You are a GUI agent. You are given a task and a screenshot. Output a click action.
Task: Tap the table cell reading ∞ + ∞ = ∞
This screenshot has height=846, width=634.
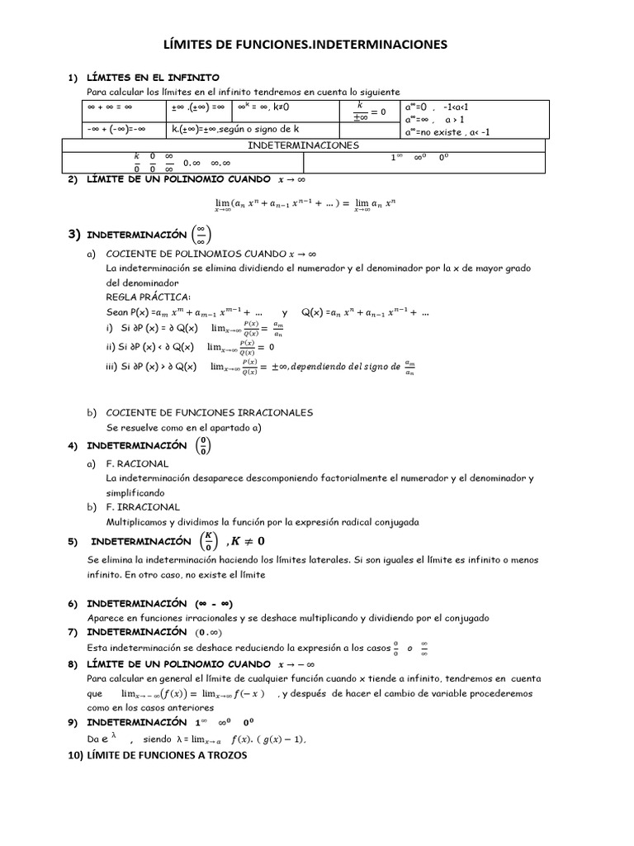[x=110, y=107]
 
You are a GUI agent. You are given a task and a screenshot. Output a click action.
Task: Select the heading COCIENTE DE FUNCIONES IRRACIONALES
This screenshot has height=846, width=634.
[x=210, y=411]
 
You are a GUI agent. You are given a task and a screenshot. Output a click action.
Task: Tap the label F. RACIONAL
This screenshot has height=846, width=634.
[x=137, y=464]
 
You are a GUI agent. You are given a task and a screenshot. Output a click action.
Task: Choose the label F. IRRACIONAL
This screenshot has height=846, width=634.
[x=143, y=506]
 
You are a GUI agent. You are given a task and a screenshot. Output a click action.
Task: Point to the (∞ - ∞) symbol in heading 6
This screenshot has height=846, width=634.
[x=219, y=604]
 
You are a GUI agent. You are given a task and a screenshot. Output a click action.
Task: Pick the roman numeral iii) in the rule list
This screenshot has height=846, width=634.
[x=113, y=366]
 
